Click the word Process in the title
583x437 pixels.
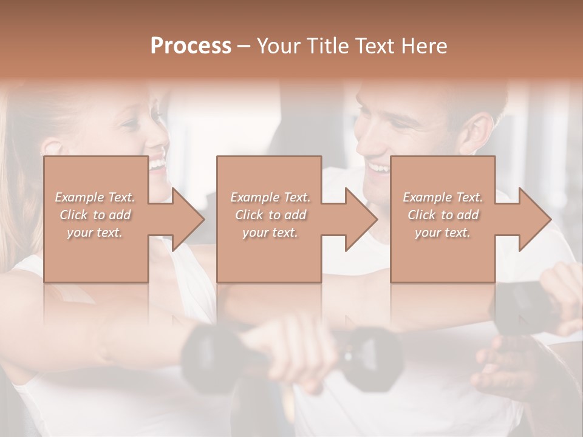[x=191, y=46]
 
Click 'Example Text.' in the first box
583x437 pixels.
[x=95, y=197]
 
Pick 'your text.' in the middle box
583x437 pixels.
[x=270, y=232]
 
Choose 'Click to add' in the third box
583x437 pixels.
[x=443, y=215]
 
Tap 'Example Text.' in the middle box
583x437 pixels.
[x=270, y=197]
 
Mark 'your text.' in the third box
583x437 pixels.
[x=443, y=232]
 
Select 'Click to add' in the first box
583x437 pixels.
[x=95, y=215]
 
